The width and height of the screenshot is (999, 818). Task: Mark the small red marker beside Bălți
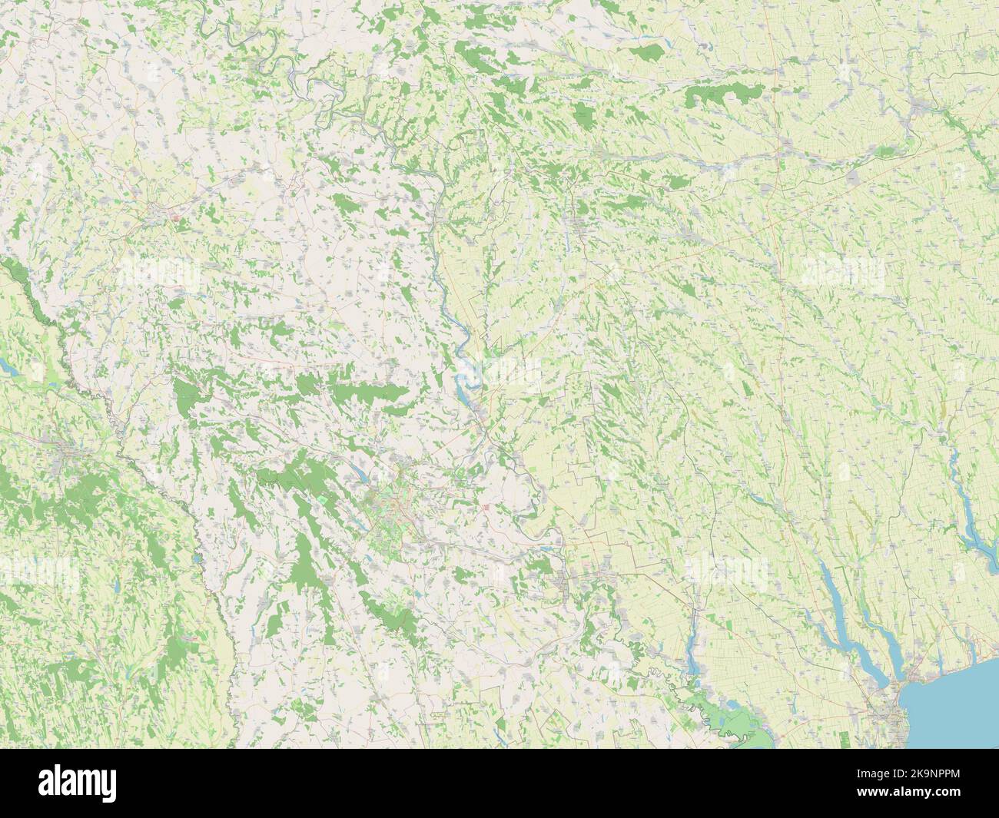pos(178,219)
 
